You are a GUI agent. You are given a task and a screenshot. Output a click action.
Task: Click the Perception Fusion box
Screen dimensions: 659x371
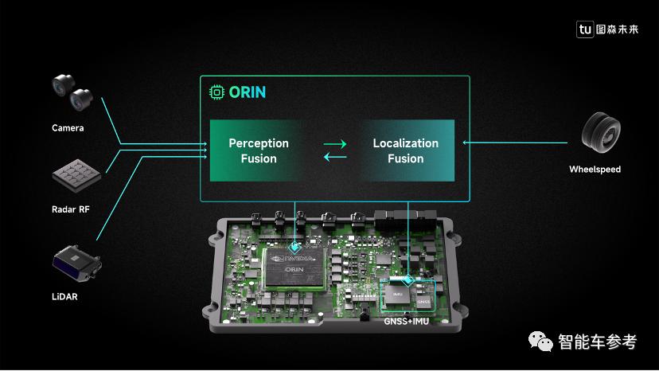click(x=259, y=150)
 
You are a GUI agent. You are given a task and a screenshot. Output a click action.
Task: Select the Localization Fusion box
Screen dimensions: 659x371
click(x=406, y=150)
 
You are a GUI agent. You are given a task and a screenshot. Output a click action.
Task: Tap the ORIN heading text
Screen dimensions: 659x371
click(x=248, y=92)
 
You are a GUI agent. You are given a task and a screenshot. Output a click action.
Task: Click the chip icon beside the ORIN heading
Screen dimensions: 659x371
click(x=216, y=92)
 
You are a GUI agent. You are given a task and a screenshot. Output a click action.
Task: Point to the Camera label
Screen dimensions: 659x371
click(x=68, y=127)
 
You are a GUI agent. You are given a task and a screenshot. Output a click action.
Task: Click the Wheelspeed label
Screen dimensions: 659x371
click(x=595, y=170)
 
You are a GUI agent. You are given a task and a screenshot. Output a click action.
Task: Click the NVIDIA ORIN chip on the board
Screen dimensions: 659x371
click(x=296, y=268)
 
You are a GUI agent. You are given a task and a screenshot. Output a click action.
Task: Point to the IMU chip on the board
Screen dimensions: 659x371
click(x=398, y=294)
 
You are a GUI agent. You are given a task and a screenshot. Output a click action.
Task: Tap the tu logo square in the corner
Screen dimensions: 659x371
click(x=585, y=29)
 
